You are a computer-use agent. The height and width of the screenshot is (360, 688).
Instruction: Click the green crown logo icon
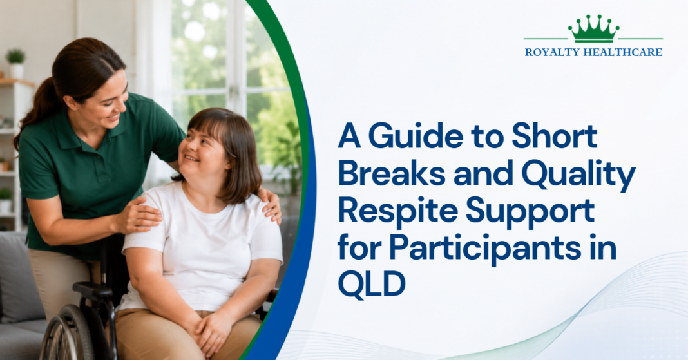coord(593,29)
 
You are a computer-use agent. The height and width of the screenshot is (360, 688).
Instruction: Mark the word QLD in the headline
coord(372,285)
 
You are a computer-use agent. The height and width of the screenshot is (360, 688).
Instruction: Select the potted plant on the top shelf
coord(16,64)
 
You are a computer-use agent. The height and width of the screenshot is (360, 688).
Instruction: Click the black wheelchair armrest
coord(93,290)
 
